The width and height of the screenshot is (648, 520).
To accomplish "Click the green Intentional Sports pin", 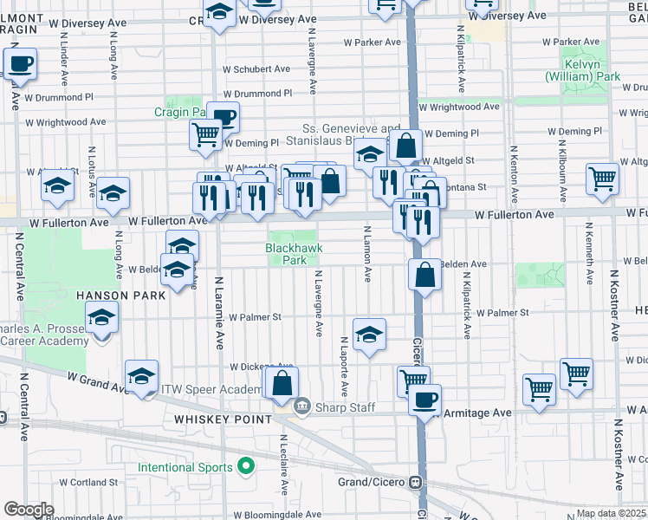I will point(246,468).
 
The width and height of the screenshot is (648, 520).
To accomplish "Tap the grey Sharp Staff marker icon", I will point(303,404).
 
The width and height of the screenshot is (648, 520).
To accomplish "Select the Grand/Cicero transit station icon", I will point(418,481).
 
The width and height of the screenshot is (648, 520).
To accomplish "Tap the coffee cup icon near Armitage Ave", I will point(424,400).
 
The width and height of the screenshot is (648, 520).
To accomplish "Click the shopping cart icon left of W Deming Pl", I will point(205,134).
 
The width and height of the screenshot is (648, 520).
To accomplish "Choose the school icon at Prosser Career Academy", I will point(102,319).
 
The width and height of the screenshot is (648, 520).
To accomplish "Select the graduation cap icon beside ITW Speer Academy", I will point(142,376).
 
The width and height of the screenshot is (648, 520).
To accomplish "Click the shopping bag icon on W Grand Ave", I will point(282,382).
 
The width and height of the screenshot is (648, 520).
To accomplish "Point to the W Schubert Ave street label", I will point(256,69).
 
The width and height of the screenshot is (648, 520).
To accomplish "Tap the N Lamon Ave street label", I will point(368,254).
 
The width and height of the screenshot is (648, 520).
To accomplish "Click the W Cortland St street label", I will point(88,482).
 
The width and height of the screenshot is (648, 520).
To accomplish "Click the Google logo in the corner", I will point(29,509).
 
